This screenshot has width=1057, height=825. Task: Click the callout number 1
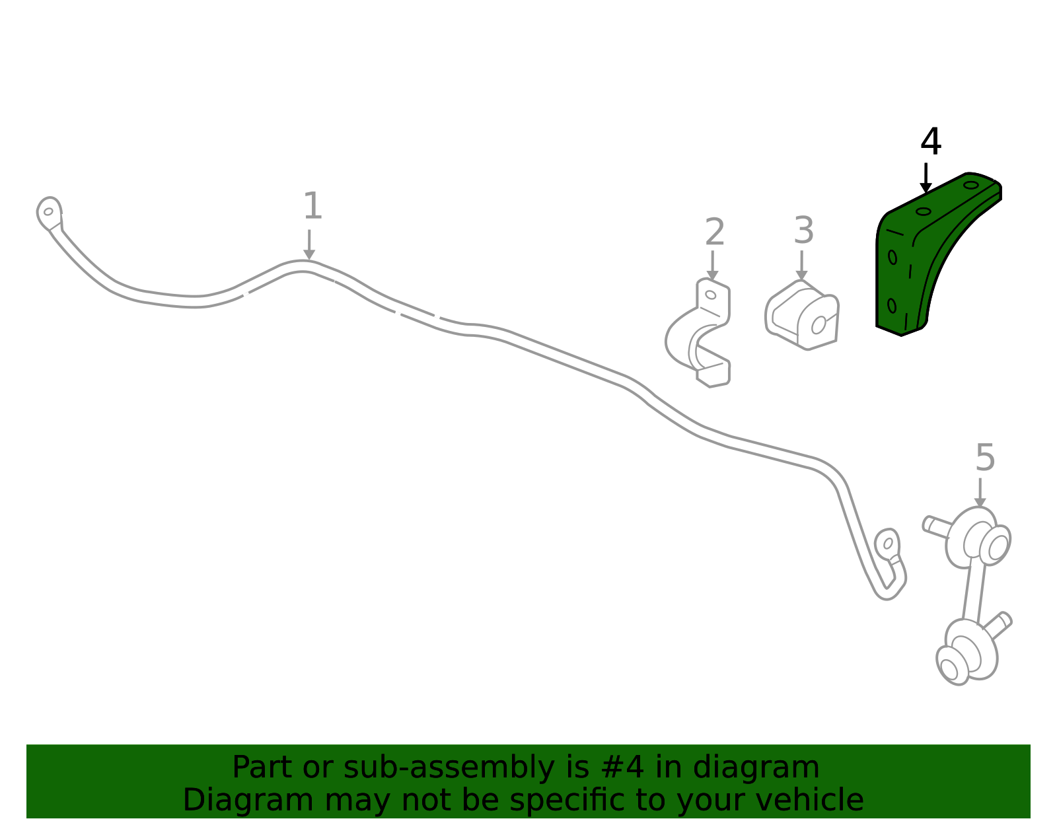point(312,206)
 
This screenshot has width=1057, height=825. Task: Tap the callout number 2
point(715,232)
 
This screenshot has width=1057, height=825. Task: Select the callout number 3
point(803,231)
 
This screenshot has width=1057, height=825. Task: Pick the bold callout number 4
point(931,141)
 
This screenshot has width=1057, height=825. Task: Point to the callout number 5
point(986,458)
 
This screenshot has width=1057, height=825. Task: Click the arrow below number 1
point(309,244)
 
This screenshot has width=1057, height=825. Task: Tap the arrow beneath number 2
point(713,266)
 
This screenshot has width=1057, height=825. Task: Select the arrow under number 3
point(801,266)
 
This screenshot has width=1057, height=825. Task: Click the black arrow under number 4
point(926,178)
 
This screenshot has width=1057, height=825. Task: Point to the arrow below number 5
point(980,493)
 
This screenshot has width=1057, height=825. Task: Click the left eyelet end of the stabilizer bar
point(49,213)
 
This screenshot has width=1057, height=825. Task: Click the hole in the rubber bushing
point(819,325)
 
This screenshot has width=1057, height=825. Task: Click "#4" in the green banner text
point(622,768)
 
